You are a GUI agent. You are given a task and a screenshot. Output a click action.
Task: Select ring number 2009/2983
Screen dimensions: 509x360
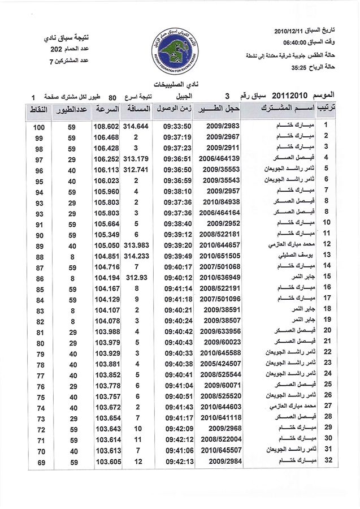[224, 127]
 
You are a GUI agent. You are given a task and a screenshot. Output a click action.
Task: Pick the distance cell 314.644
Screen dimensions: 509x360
[137, 127]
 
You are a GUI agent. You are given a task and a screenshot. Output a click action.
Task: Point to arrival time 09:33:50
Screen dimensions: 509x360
[176, 127]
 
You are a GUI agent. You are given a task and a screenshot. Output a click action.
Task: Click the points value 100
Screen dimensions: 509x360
[39, 127]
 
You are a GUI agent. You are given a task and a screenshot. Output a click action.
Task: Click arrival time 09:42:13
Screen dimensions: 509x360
[176, 463]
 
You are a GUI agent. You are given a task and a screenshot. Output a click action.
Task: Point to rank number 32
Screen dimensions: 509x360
[327, 463]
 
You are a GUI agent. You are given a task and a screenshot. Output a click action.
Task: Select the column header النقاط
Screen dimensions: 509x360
[38, 108]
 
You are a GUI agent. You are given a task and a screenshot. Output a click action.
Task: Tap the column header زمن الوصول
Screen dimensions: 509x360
[176, 108]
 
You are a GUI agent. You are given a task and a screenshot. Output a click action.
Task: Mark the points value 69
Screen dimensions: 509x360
[39, 463]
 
